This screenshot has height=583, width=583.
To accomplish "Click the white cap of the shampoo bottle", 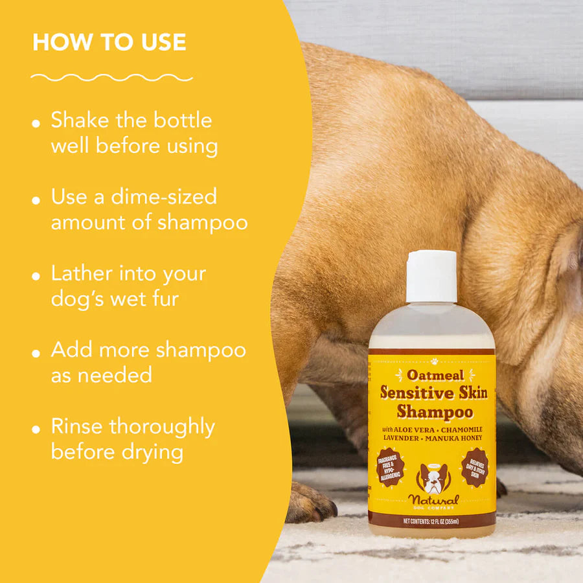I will (x=431, y=277).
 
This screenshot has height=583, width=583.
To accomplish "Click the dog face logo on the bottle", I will (x=433, y=479).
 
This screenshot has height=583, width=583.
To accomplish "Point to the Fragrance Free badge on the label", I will (x=391, y=467).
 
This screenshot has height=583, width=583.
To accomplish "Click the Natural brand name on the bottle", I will (x=433, y=501).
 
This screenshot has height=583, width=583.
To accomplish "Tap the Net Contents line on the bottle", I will (x=431, y=520).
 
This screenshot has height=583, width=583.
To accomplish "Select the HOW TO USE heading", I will (x=109, y=43).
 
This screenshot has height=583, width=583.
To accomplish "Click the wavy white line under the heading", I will (x=111, y=78).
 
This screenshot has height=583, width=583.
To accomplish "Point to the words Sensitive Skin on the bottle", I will (x=433, y=393).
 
